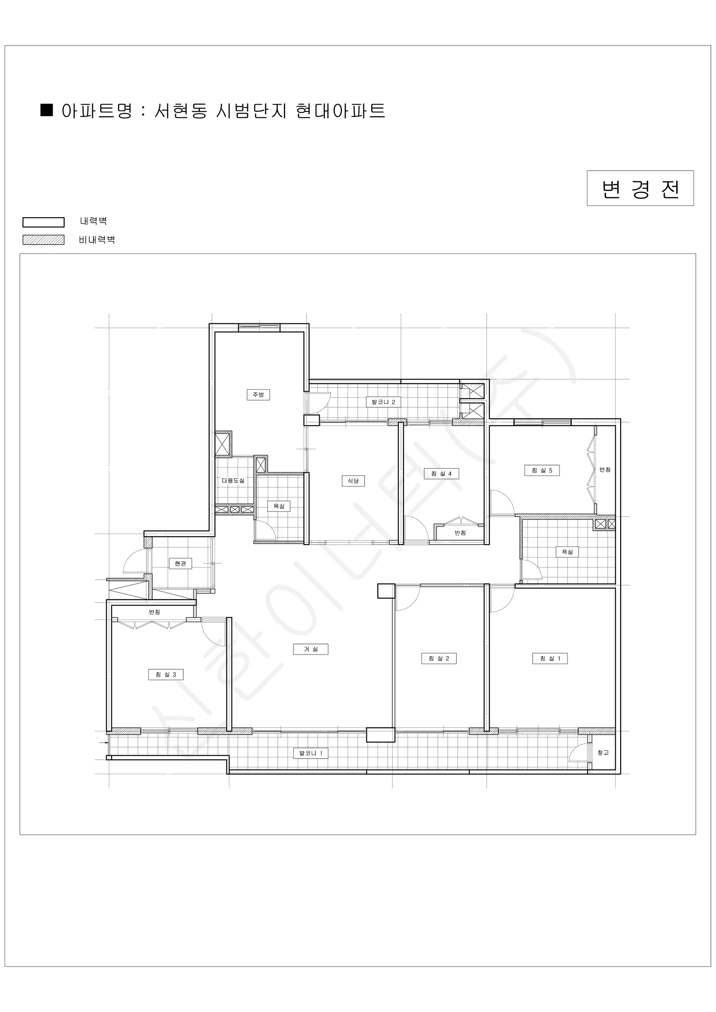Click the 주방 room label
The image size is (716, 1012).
(258, 395)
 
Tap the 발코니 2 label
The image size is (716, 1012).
(383, 402)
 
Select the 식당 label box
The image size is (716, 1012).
(353, 480)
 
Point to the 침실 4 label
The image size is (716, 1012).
(441, 474)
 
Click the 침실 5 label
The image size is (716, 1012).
(542, 470)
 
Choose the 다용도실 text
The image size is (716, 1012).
(233, 480)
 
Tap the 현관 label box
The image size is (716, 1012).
(180, 563)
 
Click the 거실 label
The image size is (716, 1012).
(310, 649)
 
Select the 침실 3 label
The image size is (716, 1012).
(166, 674)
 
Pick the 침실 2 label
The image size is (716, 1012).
(439, 659)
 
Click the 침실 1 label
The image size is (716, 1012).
(550, 659)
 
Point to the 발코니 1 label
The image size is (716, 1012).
(310, 753)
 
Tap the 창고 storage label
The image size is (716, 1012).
(603, 752)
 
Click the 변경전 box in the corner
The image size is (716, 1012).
(640, 188)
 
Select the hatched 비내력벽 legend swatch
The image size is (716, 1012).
(44, 240)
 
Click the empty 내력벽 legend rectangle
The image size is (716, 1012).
(44, 222)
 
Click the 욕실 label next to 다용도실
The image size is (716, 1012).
(279, 506)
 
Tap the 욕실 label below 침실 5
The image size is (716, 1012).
(567, 552)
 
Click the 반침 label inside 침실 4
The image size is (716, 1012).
(460, 533)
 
